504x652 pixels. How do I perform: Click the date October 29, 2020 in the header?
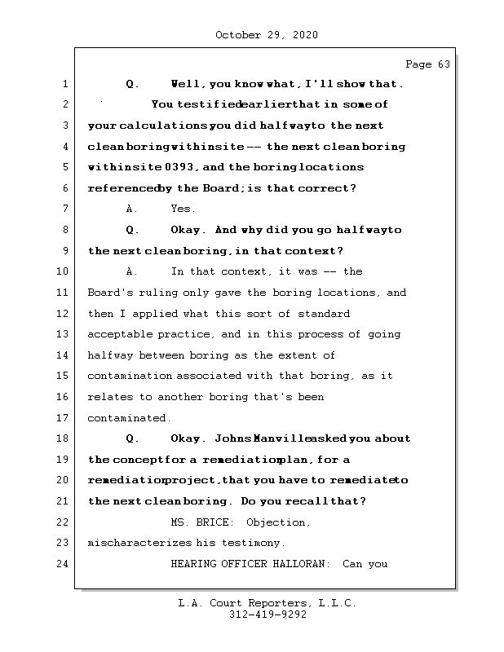click(267, 35)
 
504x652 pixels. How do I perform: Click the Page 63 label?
click(427, 64)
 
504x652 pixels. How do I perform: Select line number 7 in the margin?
click(64, 209)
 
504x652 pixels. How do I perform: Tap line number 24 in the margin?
click(64, 563)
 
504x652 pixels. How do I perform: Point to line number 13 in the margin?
click(64, 334)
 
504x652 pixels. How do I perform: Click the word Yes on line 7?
click(183, 209)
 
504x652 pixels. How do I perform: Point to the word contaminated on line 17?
click(128, 418)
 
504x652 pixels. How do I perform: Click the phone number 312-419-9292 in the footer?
click(267, 615)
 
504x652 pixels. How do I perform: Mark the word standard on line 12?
click(323, 313)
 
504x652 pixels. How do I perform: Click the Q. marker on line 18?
click(134, 438)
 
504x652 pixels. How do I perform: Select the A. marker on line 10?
click(134, 271)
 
